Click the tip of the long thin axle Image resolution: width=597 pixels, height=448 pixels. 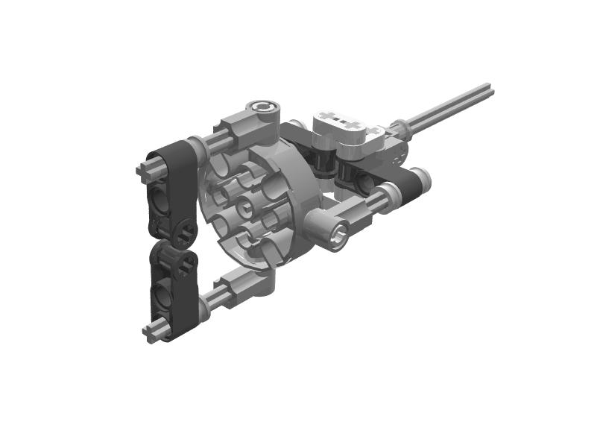[490, 91]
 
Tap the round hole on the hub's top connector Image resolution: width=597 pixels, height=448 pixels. [265, 110]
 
